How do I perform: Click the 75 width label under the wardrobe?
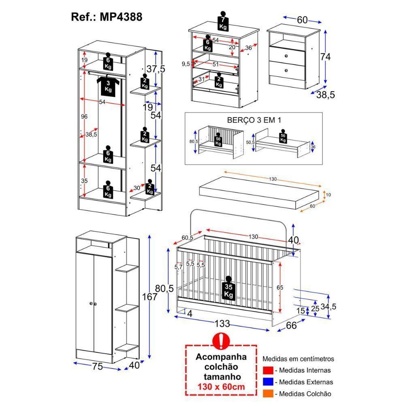tap(97, 367)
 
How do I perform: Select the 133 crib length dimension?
tap(222, 323)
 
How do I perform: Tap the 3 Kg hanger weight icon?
tap(108, 86)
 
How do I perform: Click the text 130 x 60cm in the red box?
tap(221, 386)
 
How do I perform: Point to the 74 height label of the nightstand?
tap(325, 57)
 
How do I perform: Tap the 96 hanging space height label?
tap(84, 117)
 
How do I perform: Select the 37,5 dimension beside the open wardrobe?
tap(156, 69)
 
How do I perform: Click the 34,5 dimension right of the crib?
tap(328, 306)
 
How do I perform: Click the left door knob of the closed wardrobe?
tap(90, 303)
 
